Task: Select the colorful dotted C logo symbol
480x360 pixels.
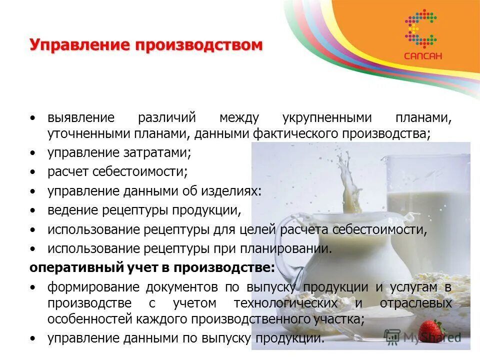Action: point(421,27)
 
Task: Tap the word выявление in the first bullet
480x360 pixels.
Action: point(81,118)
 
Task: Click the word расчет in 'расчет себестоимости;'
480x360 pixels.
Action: point(67,172)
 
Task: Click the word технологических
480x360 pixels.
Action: point(287,303)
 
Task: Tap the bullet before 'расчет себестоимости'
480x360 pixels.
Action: point(32,172)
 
